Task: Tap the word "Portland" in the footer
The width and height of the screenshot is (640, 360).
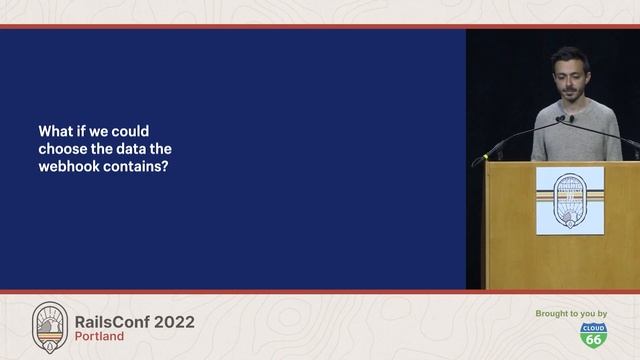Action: pyautogui.click(x=100, y=337)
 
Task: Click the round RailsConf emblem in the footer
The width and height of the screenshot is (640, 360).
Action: pyautogui.click(x=50, y=327)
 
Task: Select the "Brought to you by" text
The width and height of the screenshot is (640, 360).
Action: pyautogui.click(x=571, y=314)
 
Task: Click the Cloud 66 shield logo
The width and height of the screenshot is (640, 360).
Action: pyautogui.click(x=593, y=336)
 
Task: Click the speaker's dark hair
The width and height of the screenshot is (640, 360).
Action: pyautogui.click(x=569, y=56)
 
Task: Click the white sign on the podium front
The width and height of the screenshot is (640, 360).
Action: pyautogui.click(x=570, y=200)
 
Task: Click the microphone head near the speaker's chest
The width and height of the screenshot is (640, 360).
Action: pyautogui.click(x=561, y=119)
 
